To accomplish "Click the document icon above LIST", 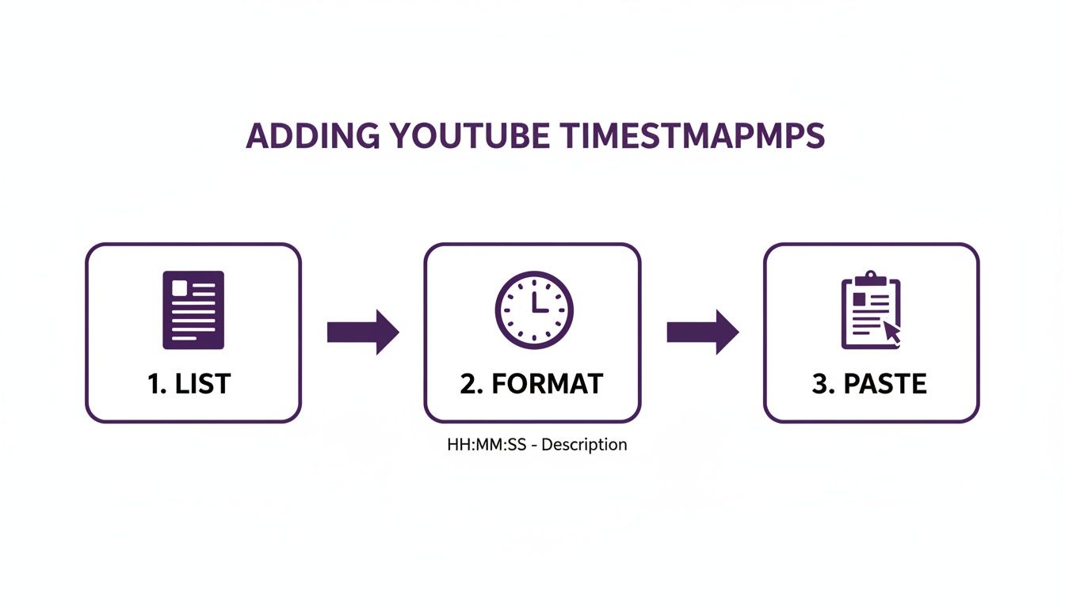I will [x=193, y=310].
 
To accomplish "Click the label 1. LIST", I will [x=189, y=384].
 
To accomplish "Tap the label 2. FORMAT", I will [x=532, y=384].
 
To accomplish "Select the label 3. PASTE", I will [x=869, y=384].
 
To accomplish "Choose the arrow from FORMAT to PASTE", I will [x=702, y=332].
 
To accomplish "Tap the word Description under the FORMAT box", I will [x=585, y=445].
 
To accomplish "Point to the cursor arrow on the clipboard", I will [x=892, y=332].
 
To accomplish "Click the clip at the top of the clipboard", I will [x=871, y=278].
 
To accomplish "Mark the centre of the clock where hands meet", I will [x=534, y=310].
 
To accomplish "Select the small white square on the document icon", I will [x=180, y=287].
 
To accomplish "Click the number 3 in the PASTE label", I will [x=819, y=384].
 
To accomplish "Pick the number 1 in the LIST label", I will [x=153, y=384].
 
